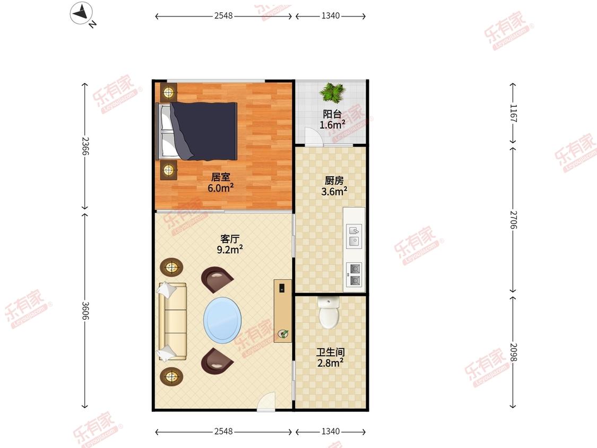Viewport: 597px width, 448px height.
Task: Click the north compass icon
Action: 81,13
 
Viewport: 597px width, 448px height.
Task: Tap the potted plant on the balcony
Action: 332,92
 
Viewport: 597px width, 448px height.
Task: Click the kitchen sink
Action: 354,236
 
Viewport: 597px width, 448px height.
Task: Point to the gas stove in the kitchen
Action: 354,274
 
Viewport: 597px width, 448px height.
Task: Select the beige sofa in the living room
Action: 172,321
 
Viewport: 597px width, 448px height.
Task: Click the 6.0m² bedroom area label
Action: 220,188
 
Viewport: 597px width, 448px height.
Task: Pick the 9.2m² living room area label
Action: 230,249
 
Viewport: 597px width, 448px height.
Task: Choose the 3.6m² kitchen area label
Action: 334,191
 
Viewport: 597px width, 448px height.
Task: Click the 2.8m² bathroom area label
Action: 330,363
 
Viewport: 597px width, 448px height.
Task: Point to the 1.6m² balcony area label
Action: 332,125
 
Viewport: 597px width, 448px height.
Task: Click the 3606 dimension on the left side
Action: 85,311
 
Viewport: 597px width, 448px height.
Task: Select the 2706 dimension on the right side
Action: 513,220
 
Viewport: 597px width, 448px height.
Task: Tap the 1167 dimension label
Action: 513,113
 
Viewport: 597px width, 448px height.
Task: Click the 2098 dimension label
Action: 513,352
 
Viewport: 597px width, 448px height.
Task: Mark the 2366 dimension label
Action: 85,146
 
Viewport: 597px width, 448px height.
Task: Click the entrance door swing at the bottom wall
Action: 266,401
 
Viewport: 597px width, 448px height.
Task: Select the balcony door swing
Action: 314,136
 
